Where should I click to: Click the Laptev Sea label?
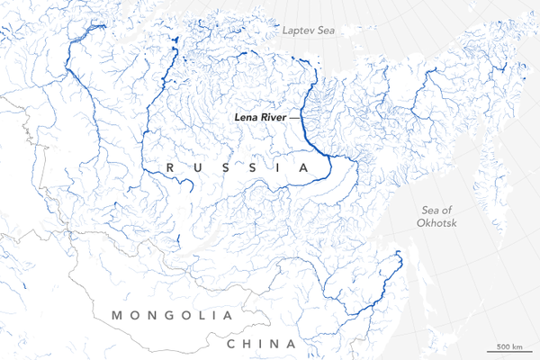click(308, 31)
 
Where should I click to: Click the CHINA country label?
click(261, 345)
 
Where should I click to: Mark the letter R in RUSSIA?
click(170, 168)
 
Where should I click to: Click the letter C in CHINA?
click(231, 345)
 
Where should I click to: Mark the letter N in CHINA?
click(275, 345)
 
